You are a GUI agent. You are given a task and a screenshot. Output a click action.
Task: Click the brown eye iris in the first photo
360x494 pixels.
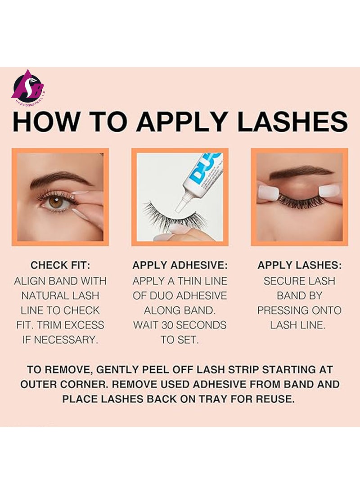click(x=56, y=202)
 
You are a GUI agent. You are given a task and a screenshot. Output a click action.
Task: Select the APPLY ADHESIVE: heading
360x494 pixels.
click(x=180, y=265)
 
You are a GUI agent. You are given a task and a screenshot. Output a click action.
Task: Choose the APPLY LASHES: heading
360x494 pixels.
click(x=299, y=265)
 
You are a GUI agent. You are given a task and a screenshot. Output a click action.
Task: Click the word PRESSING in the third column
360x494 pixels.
click(x=283, y=310)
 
